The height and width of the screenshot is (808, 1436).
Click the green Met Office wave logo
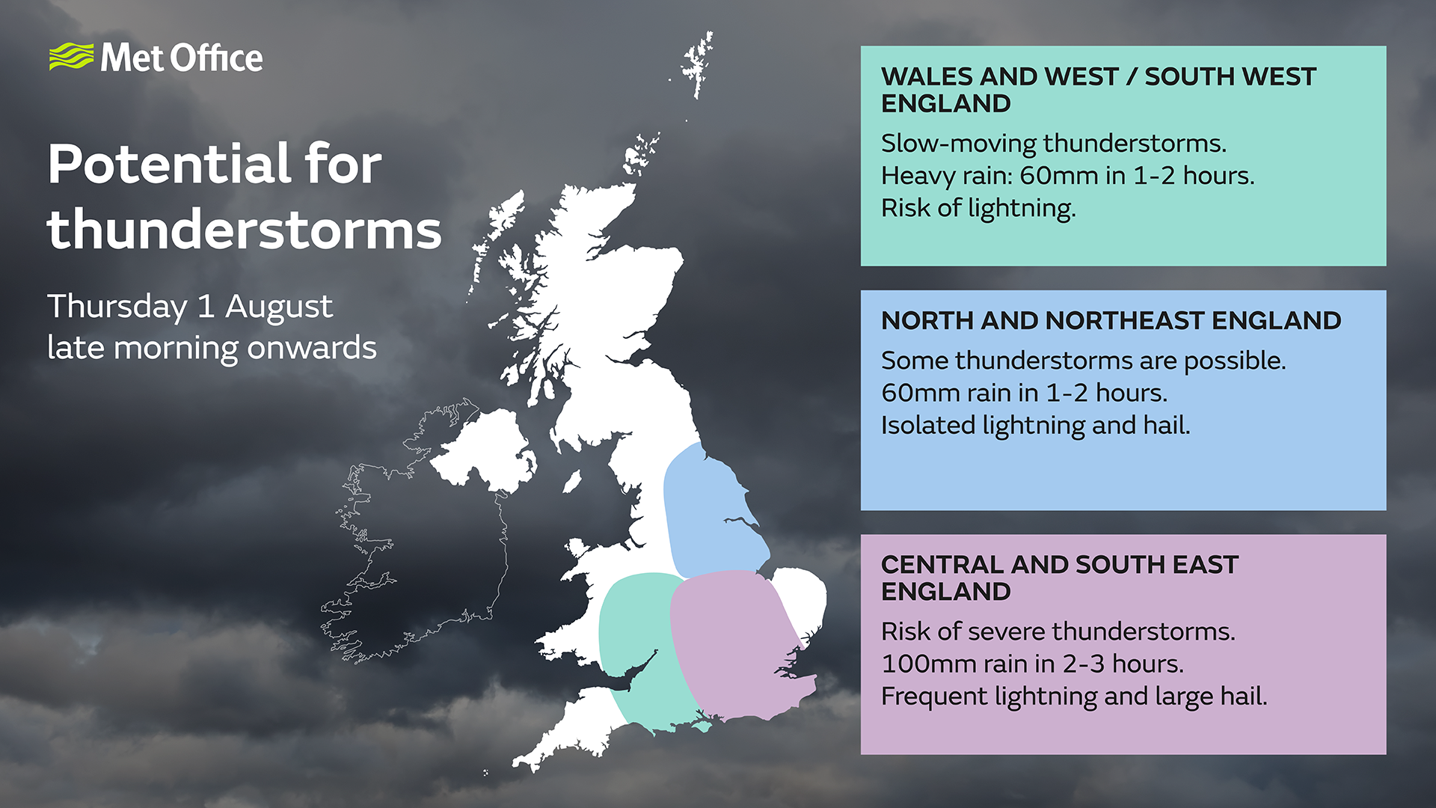tap(72, 57)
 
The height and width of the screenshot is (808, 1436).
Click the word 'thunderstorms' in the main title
tap(245, 230)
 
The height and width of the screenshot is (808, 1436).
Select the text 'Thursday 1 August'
tap(190, 307)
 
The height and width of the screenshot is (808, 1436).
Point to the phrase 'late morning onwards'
tap(212, 348)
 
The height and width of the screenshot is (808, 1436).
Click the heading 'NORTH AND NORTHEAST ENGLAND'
tap(1111, 320)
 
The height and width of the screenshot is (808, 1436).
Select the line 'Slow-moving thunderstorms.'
tap(1054, 143)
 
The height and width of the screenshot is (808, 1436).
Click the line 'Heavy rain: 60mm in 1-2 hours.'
tap(1068, 176)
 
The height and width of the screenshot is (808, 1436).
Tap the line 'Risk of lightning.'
tap(978, 208)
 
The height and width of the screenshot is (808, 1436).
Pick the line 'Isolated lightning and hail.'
tap(1035, 425)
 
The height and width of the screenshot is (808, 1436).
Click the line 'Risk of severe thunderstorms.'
tap(1058, 631)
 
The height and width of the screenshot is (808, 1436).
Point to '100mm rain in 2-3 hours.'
tap(1032, 664)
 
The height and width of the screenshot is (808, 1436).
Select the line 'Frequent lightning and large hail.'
tap(1074, 697)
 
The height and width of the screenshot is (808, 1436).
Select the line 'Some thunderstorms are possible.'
tap(1083, 361)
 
